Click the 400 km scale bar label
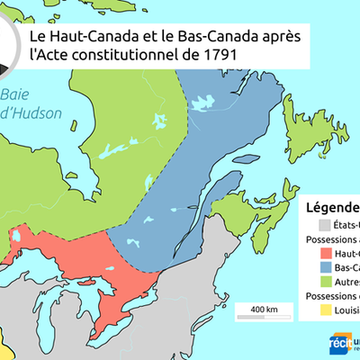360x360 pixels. (264, 310)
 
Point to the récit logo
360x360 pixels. (341, 344)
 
